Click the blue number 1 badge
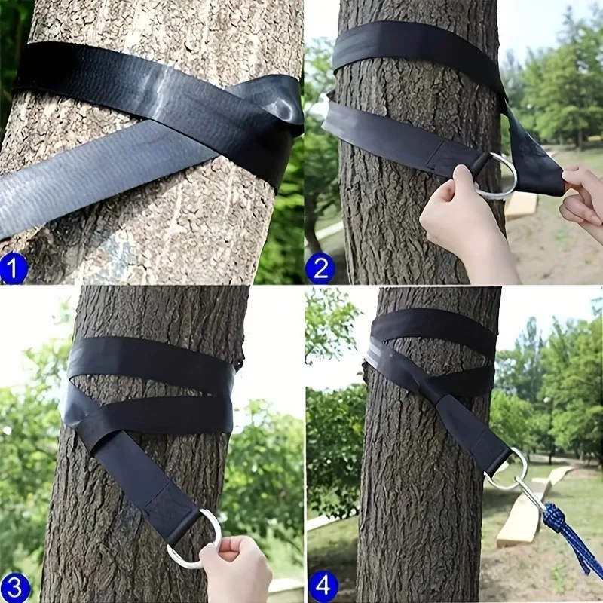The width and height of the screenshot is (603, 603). [x=14, y=268]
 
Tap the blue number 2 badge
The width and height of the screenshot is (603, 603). [x=320, y=268]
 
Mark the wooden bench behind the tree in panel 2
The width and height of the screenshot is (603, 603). [x=521, y=204]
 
